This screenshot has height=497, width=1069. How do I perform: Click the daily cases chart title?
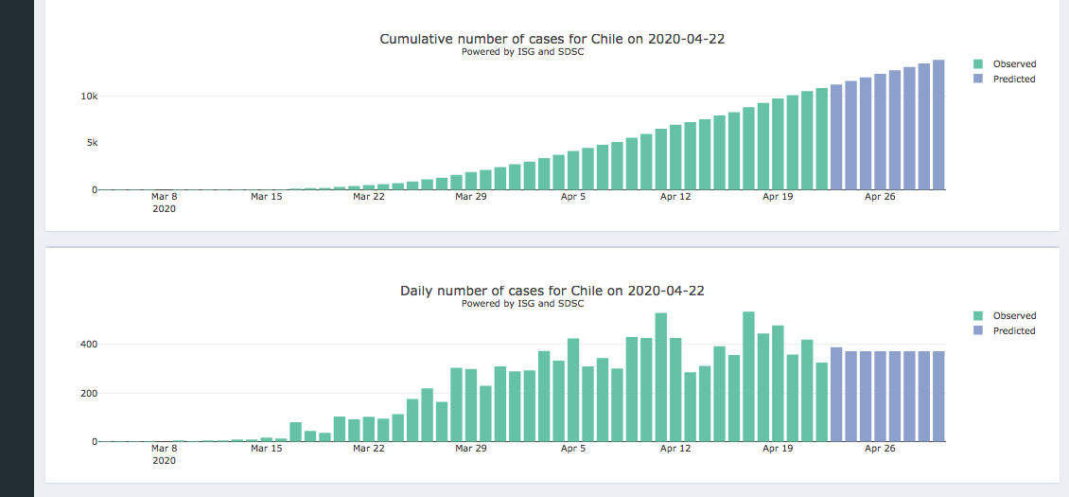pos(552,291)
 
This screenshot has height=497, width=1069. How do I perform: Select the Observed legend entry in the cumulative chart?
pos(1013,64)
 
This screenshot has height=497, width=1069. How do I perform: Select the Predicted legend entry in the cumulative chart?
pos(1013,80)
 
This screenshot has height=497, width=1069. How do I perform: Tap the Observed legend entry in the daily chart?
pos(1013,316)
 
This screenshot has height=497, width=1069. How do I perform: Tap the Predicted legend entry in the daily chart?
pos(1013,331)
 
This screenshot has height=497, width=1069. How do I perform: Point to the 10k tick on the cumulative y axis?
pos(89,97)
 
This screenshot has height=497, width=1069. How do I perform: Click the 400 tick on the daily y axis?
pos(88,345)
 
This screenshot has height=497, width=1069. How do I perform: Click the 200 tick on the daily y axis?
pos(88,393)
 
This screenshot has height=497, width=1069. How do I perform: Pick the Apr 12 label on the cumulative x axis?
pos(675,197)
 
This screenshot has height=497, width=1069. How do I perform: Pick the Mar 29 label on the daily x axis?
pos(470,449)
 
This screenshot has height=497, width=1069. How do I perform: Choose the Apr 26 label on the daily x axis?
pos(880,449)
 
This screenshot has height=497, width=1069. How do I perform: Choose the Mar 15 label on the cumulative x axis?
pos(266,197)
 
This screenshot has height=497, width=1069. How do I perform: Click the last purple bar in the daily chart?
pos(938,397)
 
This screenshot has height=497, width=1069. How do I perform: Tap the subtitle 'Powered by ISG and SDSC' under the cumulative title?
pos(522,52)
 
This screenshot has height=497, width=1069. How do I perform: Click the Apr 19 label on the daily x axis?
pos(778,449)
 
